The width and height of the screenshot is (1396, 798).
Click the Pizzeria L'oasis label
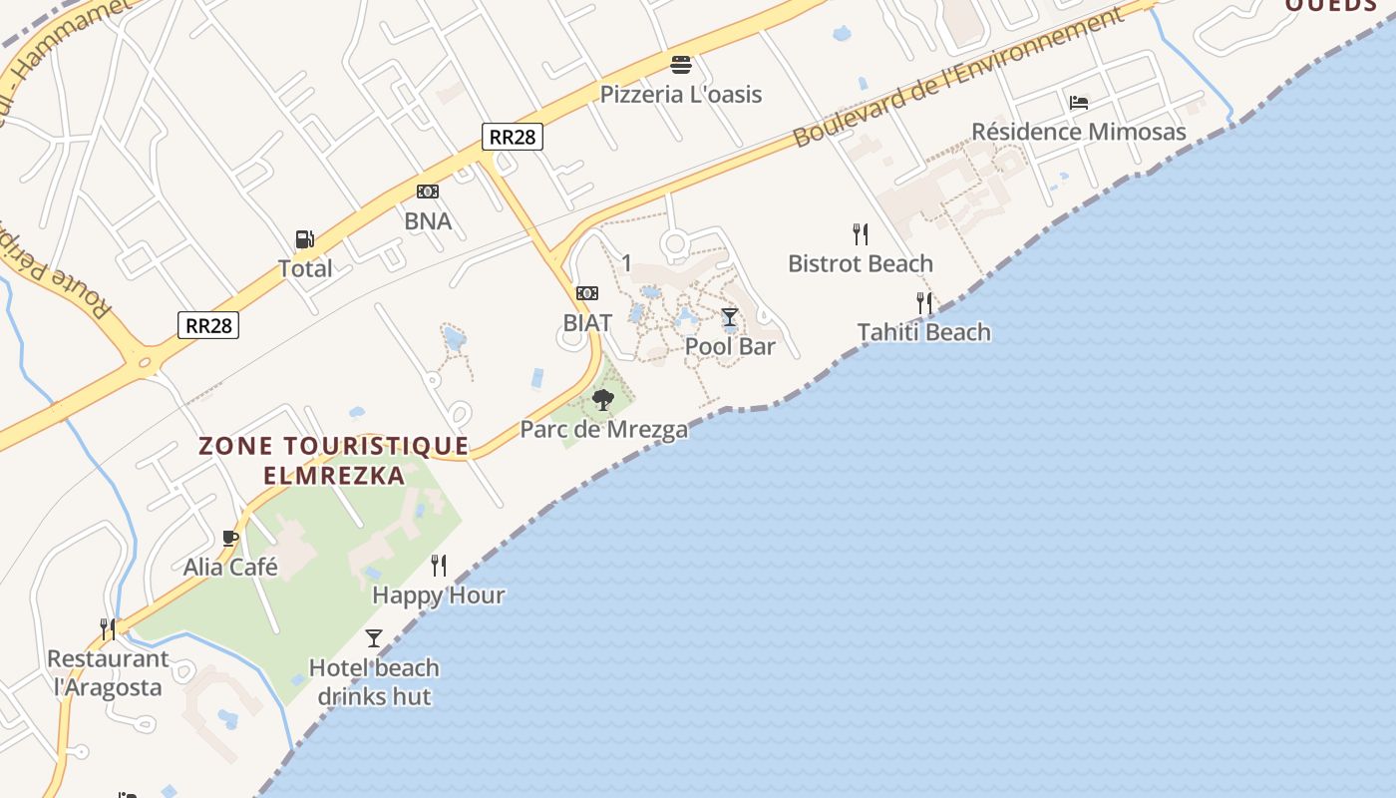681,95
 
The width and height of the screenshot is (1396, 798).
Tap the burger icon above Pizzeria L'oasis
681,65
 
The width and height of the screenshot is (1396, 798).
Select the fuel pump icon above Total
304,239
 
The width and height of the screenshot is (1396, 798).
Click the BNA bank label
428,221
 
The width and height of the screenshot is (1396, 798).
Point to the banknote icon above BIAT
587,293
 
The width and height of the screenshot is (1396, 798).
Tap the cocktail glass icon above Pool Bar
730,317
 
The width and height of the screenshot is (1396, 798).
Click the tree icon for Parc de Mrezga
602,400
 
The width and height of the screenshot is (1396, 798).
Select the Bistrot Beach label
861,263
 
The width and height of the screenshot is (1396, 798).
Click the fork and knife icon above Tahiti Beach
924,302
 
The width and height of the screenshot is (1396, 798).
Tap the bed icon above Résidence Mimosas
1078,102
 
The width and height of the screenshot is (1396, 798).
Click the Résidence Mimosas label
1079,132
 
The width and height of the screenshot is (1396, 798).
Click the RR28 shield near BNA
513,137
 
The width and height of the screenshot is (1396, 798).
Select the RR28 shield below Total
208,324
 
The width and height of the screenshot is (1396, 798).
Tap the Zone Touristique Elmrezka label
334,460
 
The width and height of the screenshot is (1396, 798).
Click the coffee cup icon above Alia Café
230,539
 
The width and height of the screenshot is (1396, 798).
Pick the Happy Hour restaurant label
438,596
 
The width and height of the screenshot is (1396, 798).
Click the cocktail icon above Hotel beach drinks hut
374,637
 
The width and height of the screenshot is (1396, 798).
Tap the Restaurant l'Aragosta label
108,673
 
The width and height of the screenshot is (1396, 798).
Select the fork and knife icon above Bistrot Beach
861,234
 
